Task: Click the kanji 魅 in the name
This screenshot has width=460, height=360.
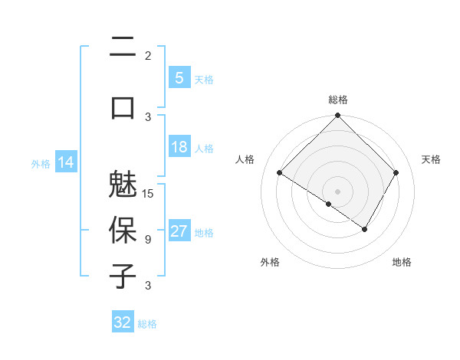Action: pyautogui.click(x=123, y=186)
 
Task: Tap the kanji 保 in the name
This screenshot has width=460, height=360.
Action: pyautogui.click(x=123, y=231)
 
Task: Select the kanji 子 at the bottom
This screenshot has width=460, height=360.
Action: pyautogui.click(x=123, y=276)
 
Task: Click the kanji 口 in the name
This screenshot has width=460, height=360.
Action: pyautogui.click(x=123, y=106)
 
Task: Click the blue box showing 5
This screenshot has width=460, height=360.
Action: pyautogui.click(x=179, y=78)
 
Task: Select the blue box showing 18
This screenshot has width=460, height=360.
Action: pyautogui.click(x=179, y=148)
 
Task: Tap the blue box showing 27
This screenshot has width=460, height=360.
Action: pyautogui.click(x=179, y=232)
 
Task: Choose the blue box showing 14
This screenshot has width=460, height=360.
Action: pyautogui.click(x=65, y=163)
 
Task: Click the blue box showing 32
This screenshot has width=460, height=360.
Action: pyautogui.click(x=123, y=322)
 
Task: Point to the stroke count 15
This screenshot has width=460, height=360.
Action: pyautogui.click(x=149, y=194)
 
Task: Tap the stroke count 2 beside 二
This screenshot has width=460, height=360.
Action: pyautogui.click(x=148, y=56)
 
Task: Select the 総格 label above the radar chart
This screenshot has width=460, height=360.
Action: pyautogui.click(x=338, y=100)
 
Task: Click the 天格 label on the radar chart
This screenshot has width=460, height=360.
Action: pyautogui.click(x=431, y=159)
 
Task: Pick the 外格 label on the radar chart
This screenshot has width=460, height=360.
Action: pyautogui.click(x=270, y=262)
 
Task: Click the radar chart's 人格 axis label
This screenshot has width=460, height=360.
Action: pyautogui.click(x=245, y=159)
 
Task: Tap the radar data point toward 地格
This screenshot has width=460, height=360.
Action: pyautogui.click(x=365, y=228)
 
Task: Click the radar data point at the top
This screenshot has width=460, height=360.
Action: pyautogui.click(x=338, y=116)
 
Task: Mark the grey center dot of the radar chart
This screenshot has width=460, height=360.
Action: pyautogui.click(x=338, y=190)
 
